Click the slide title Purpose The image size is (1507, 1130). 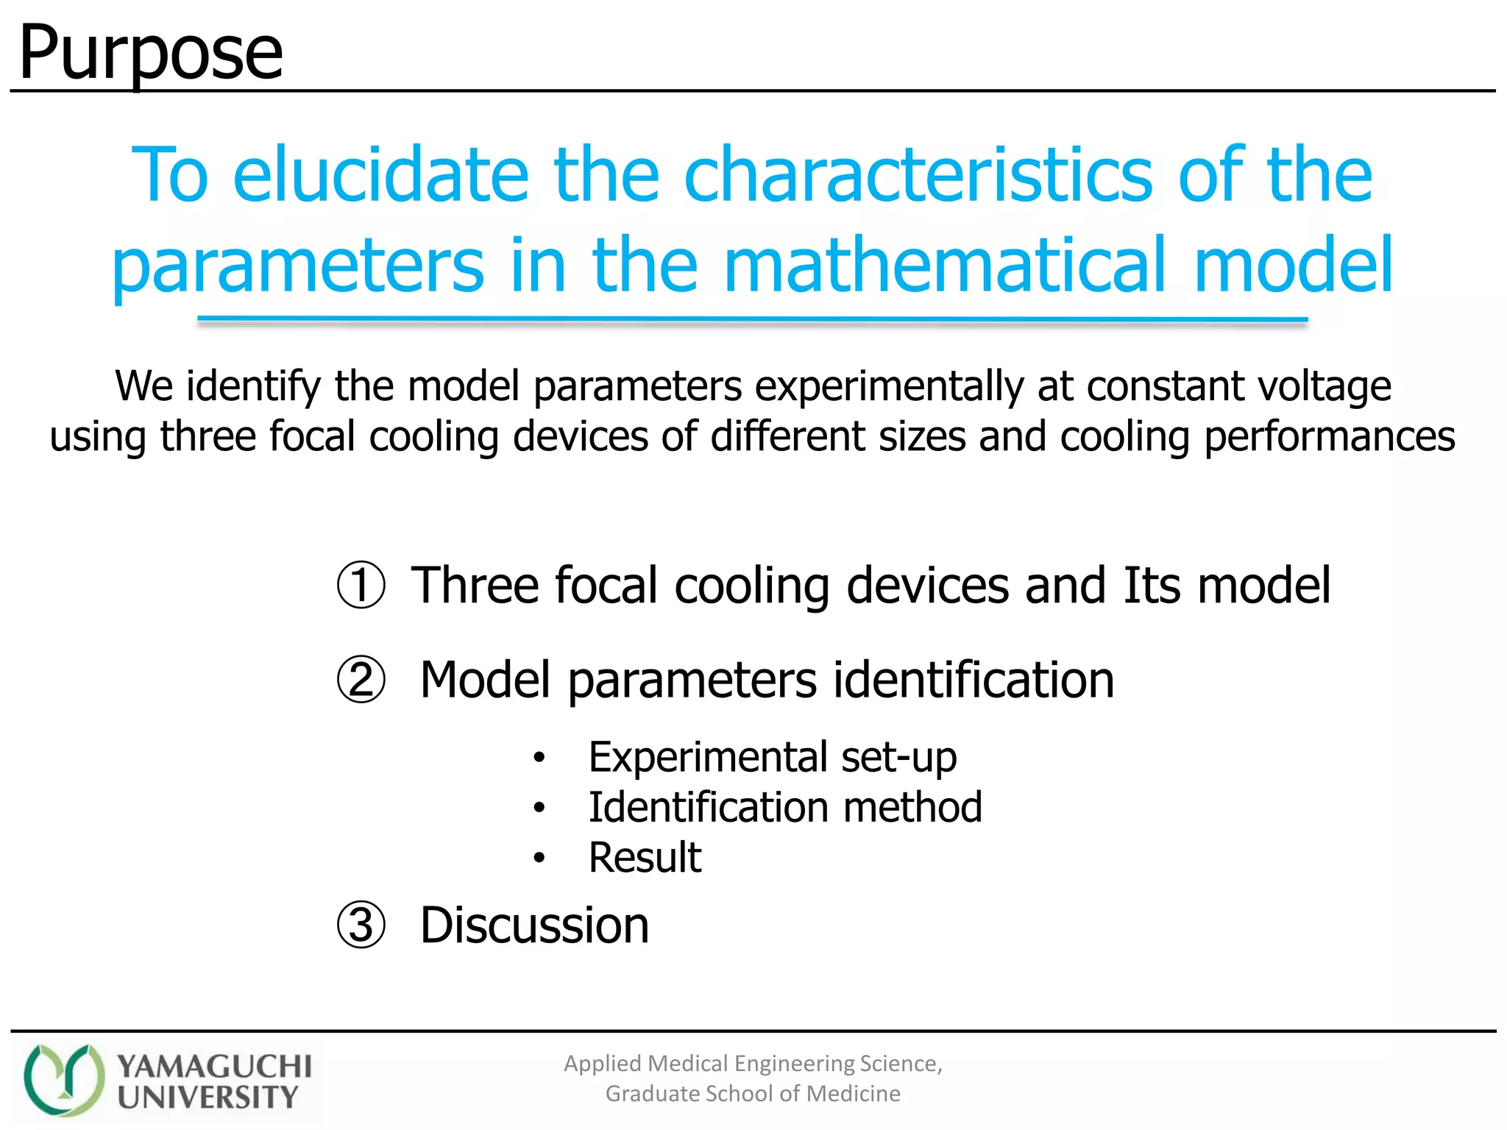[151, 53]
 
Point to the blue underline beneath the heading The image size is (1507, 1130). [752, 320]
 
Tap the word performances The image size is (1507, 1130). [1330, 436]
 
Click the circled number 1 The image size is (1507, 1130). [361, 586]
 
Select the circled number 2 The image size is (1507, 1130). [361, 680]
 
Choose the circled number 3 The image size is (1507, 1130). [361, 925]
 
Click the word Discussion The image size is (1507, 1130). [535, 925]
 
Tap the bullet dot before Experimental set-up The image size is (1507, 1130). [539, 758]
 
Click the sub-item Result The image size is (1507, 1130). [645, 858]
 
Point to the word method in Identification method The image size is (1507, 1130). [912, 807]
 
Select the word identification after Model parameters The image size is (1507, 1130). [973, 680]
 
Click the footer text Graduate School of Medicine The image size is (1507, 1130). [753, 1094]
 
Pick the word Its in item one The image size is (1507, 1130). [1152, 586]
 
